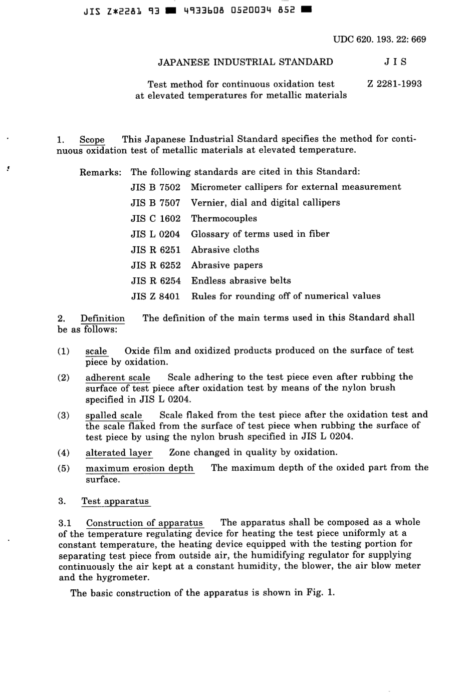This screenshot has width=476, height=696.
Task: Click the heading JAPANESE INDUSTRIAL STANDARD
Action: [246, 62]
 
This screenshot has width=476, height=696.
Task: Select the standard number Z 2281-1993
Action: [394, 84]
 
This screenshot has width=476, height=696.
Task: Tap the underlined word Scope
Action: [92, 140]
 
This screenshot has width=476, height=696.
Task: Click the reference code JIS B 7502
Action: [155, 187]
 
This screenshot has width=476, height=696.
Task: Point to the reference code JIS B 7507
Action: [155, 203]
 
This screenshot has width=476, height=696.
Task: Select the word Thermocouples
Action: [224, 218]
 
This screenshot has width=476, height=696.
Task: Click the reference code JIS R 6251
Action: [155, 250]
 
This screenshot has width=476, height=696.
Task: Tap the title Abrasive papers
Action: [226, 265]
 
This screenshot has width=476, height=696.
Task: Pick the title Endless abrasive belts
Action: [241, 281]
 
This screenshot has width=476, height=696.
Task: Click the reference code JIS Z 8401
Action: [155, 296]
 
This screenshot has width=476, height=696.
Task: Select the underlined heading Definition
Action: [102, 318]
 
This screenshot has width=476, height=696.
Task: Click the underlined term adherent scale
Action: [118, 378]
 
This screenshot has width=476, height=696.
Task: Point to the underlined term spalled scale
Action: [114, 416]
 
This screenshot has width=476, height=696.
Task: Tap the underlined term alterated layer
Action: [119, 453]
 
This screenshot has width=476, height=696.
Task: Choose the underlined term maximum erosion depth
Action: [139, 468]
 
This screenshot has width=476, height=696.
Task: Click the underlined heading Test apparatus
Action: [115, 501]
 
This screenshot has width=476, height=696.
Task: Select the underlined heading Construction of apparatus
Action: [144, 523]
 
